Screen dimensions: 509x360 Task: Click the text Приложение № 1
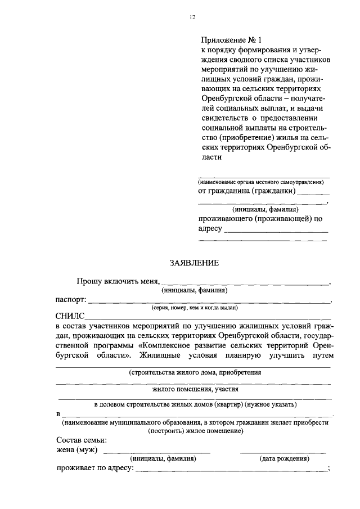[232, 40]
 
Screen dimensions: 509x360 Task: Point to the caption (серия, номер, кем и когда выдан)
[194, 308]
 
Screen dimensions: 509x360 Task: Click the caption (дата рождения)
[284, 458]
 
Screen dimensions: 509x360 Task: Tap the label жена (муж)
[77, 450]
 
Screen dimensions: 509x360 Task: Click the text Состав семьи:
[82, 440]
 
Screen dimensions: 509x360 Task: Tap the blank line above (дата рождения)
[283, 452]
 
